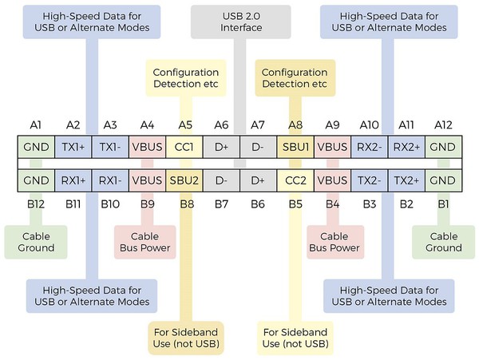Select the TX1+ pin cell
73,148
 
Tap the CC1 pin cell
184,148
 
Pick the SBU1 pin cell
295,148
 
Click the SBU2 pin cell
184,181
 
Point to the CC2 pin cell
295,181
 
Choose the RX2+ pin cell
406,148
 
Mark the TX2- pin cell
369,181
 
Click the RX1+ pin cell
73,181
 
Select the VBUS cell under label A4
148,148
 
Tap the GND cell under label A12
442,148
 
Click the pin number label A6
221,125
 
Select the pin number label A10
369,125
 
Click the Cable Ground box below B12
37,242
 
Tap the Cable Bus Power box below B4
335,242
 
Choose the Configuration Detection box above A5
186,77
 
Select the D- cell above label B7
221,181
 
